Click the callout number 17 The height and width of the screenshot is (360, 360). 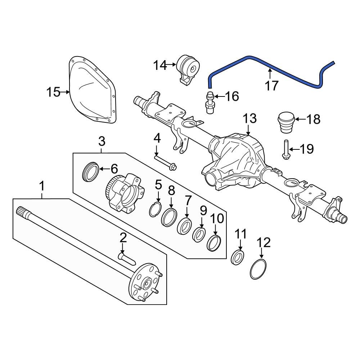pos(272,86)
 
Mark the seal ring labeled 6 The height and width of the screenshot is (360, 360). pos(90,172)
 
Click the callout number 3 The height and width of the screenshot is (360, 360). pos(102,141)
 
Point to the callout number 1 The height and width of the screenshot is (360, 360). pos(42,186)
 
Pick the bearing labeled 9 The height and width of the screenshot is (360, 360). pos(199,234)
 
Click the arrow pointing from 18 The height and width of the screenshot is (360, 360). pos(300,119)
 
